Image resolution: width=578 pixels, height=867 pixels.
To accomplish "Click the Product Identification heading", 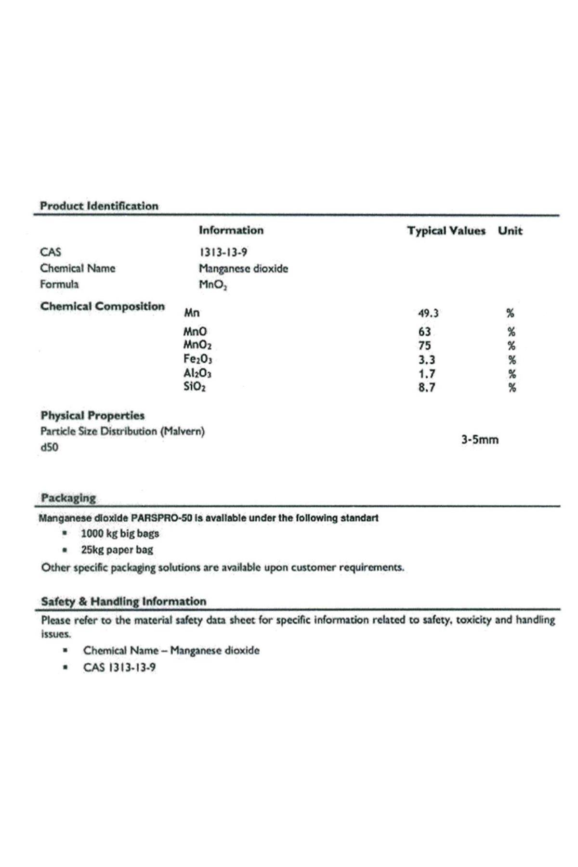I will [99, 206].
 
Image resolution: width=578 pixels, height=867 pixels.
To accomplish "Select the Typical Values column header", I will [446, 231].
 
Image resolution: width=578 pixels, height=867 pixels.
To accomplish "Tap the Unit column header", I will [510, 231].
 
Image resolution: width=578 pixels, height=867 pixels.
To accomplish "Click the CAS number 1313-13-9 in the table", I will [223, 252].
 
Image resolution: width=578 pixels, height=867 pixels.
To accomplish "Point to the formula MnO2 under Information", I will [213, 285].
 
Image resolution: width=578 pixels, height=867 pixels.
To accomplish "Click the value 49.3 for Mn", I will [428, 314].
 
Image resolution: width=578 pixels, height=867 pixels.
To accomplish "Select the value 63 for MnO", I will [424, 332].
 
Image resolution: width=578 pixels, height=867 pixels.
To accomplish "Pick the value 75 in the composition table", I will [424, 346].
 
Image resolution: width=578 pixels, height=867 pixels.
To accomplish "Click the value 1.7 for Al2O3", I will [427, 374].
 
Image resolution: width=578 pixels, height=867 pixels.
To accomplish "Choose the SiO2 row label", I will [195, 387].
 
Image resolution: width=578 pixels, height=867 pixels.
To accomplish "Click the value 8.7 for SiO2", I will [427, 388].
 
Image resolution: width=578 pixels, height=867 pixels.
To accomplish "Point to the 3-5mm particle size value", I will [480, 440].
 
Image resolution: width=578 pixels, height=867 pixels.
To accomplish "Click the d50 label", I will [49, 447].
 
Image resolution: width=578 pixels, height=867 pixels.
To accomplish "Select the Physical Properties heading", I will [92, 416].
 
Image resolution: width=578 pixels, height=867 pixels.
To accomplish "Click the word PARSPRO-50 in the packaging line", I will [161, 518].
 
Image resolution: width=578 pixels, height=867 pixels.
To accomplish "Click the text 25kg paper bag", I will [117, 550].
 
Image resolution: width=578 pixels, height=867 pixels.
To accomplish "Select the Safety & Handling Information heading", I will [123, 602].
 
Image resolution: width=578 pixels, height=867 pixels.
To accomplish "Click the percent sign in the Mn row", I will [510, 314].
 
